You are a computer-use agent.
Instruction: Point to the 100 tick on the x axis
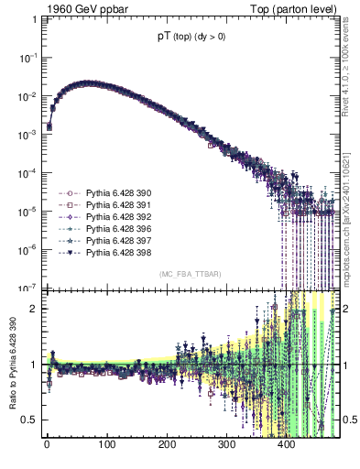(106, 448)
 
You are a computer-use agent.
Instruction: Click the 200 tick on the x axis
(167, 448)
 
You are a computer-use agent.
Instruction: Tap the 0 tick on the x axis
(47, 448)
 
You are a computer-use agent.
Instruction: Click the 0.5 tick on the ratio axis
(28, 420)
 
